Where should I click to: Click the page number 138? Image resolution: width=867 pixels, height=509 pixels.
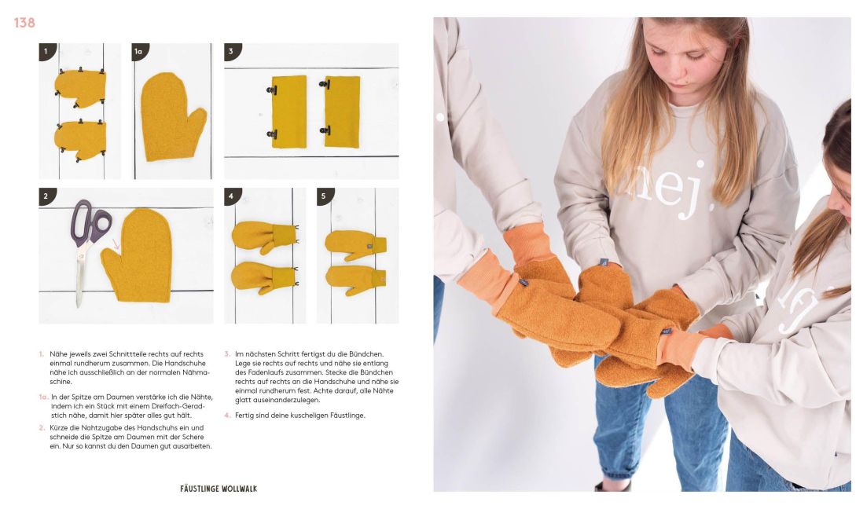(x=24, y=23)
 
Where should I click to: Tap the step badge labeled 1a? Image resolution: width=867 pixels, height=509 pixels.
(x=139, y=51)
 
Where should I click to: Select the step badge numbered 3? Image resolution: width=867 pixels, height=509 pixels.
(x=232, y=51)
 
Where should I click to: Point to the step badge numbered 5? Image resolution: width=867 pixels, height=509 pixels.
(x=325, y=196)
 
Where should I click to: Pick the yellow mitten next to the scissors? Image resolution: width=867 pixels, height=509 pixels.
(x=138, y=255)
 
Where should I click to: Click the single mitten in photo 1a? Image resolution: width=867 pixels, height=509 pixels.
(x=172, y=116)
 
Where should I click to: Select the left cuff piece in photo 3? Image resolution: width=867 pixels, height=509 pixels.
(x=288, y=112)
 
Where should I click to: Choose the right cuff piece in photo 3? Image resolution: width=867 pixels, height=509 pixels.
(x=340, y=112)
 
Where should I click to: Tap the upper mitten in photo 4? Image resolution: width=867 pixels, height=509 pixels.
(x=264, y=236)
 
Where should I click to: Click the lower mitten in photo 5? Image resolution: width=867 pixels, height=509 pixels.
(x=356, y=280)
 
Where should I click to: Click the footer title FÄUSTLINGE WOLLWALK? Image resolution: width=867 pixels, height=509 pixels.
(x=219, y=489)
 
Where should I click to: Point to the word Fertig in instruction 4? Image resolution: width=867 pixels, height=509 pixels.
(x=244, y=415)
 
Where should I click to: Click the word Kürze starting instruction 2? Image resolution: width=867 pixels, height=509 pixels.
(x=59, y=428)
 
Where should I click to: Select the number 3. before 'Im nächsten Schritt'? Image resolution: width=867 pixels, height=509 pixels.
(x=227, y=354)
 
